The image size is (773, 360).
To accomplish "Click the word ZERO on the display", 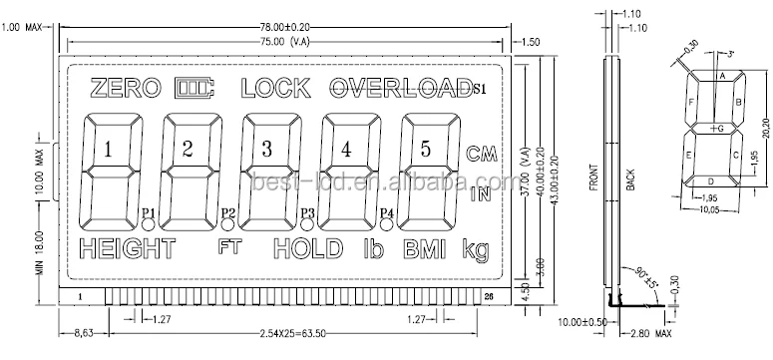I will click(x=124, y=89).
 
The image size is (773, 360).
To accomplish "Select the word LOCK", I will click(x=274, y=89).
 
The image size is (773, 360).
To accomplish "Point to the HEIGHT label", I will click(x=127, y=248).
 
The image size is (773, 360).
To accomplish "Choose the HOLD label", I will click(x=310, y=248).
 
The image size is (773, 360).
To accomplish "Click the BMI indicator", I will click(x=426, y=248).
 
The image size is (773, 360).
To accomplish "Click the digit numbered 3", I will click(x=266, y=150).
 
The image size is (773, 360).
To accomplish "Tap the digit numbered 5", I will click(x=425, y=150).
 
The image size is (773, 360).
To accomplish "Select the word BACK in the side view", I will click(x=629, y=180).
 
